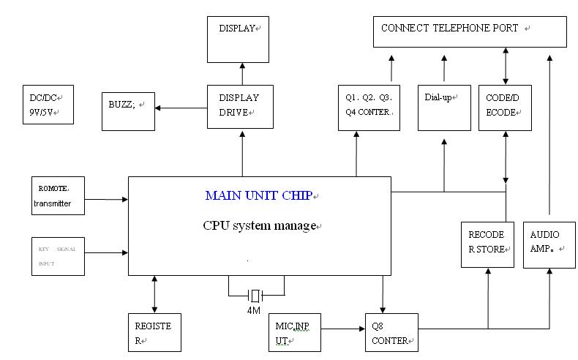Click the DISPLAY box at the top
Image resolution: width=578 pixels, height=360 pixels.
coord(239,40)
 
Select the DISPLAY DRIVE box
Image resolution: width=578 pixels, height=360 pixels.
coord(239,107)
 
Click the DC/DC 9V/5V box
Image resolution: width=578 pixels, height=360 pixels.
coord(48,104)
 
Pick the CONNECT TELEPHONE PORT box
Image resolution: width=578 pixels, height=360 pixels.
coord(470,31)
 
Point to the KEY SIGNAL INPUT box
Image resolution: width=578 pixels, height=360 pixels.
coord(58,256)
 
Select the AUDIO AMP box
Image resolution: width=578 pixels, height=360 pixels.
coord(549,243)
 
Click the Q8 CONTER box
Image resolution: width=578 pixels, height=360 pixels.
coord(391,333)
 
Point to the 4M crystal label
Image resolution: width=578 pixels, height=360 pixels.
coord(254,310)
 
